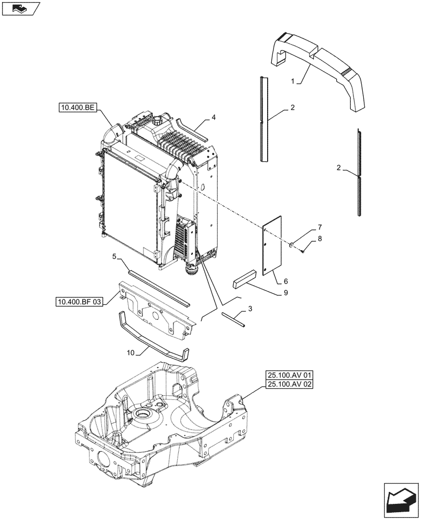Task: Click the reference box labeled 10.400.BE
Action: pyautogui.click(x=77, y=108)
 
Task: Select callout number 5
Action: pyautogui.click(x=114, y=256)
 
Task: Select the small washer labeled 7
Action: pyautogui.click(x=293, y=244)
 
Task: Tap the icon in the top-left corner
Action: pyautogui.click(x=21, y=8)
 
